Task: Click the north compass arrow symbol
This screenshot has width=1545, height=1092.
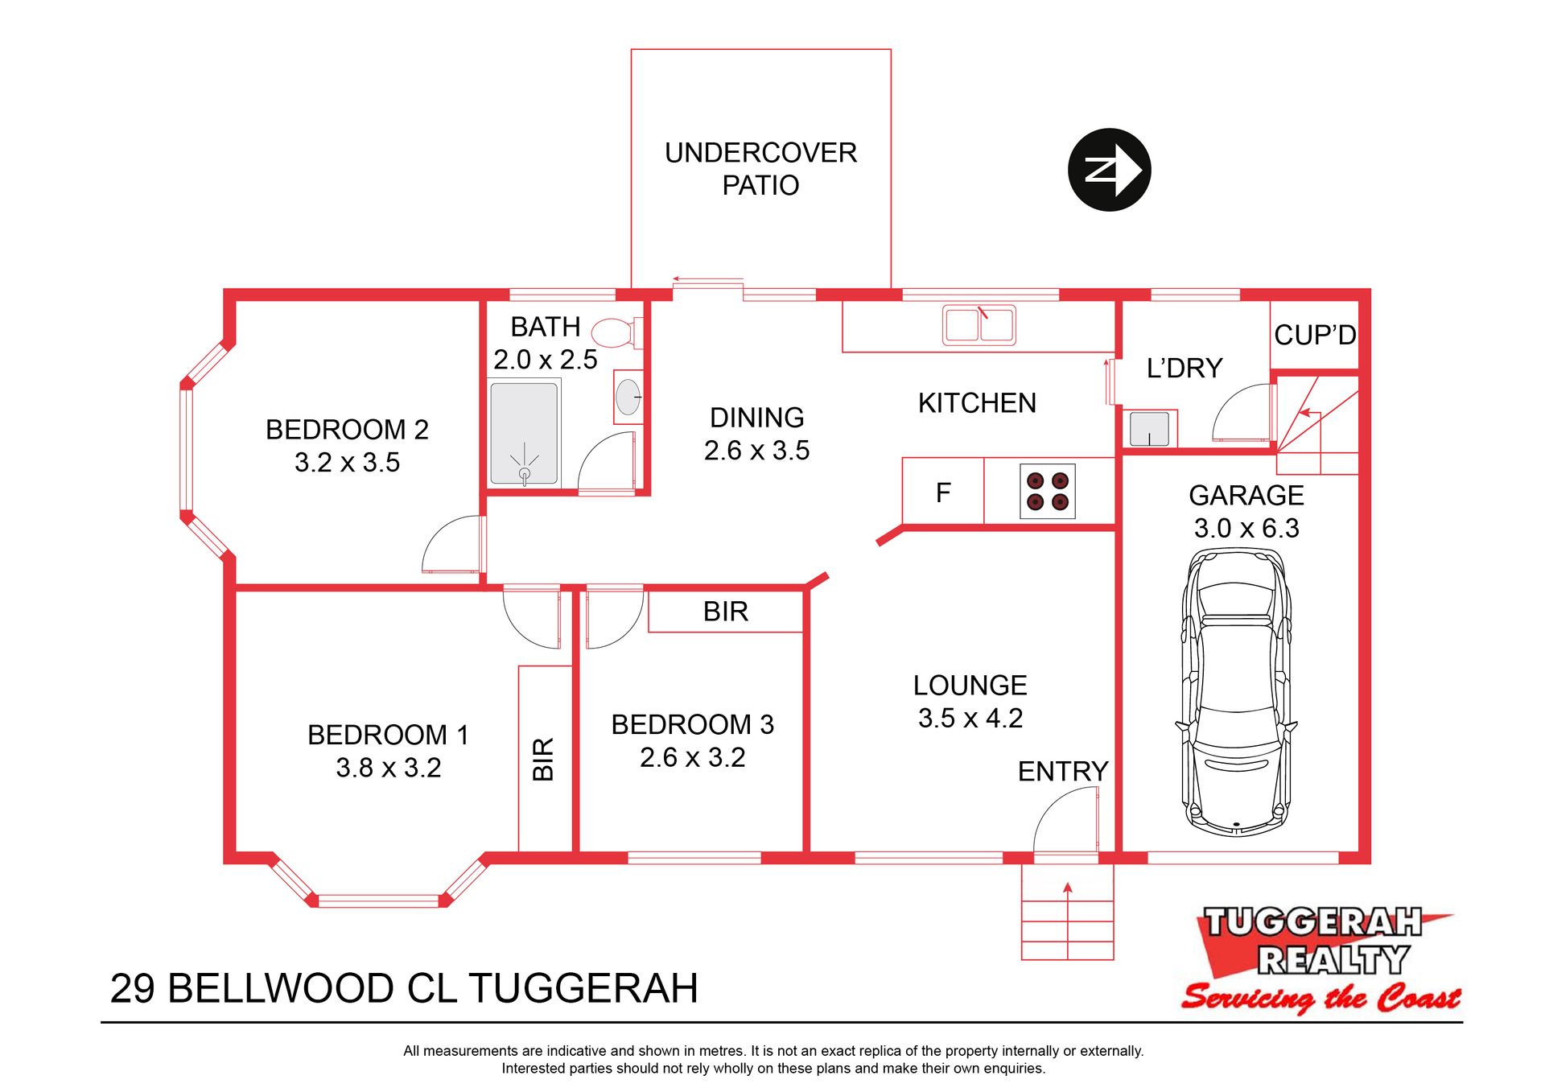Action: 1109,170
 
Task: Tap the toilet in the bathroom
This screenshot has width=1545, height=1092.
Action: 617,332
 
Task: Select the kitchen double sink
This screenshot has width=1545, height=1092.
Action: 978,325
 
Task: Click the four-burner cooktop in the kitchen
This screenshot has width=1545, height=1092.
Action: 1048,491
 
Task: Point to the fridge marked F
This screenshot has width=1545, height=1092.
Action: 943,492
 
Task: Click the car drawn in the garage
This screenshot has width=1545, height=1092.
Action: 1236,692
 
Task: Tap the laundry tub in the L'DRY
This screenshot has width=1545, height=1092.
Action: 1149,429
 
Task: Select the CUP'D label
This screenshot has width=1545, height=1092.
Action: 1315,335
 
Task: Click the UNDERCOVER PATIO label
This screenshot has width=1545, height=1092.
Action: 760,169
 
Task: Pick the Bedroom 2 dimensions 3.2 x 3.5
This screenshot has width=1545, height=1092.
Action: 347,463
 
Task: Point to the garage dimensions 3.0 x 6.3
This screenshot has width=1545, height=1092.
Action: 1246,528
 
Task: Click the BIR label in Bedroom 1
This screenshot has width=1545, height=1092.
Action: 544,759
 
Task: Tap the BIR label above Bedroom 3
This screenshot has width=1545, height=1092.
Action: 726,612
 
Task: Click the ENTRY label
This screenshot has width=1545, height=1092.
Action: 1063,771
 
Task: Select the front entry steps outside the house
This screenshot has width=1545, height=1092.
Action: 1067,912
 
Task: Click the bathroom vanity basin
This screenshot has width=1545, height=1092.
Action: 628,397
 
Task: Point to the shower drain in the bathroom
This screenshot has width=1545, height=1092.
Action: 525,473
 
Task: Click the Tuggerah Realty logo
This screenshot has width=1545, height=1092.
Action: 1320,959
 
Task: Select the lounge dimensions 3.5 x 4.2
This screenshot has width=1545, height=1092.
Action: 970,718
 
